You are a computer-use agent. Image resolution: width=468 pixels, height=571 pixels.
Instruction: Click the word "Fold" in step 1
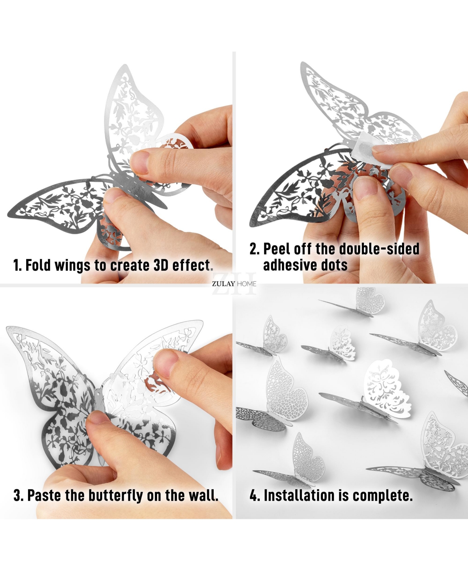click(x=38, y=266)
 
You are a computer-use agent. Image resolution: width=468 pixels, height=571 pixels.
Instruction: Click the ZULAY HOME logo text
click(x=234, y=284)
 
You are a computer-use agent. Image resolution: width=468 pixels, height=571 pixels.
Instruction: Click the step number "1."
click(x=18, y=266)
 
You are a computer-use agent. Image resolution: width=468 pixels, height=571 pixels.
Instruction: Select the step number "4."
click(x=255, y=496)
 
